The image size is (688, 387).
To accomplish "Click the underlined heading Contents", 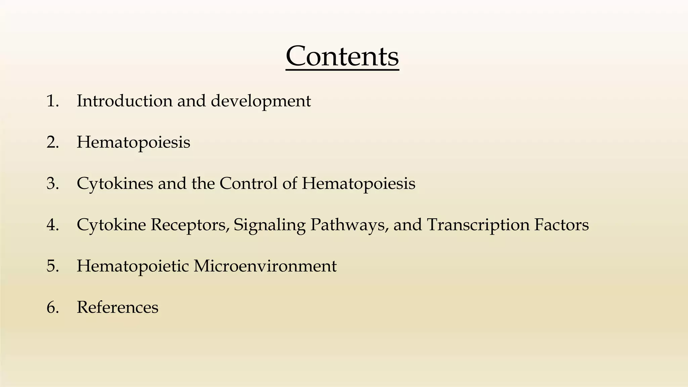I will (342, 56).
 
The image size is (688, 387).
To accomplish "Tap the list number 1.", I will (52, 101).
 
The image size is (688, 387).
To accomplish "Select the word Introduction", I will (124, 101).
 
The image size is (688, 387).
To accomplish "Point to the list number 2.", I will (52, 142).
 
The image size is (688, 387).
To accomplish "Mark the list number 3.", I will (52, 183).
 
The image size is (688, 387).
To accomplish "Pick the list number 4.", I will (52, 225).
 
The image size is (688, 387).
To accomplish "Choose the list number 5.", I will (52, 266).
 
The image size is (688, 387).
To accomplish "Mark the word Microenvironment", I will (265, 266).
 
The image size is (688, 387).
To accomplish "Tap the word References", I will (117, 307).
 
